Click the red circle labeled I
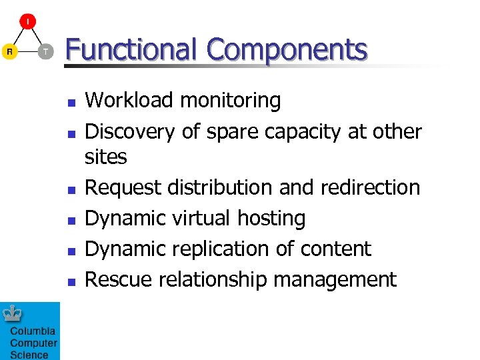point(27,21)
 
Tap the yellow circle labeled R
point(9,51)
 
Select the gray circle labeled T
point(45,51)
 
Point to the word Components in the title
point(287,50)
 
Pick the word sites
point(105,157)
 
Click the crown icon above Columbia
point(13,313)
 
